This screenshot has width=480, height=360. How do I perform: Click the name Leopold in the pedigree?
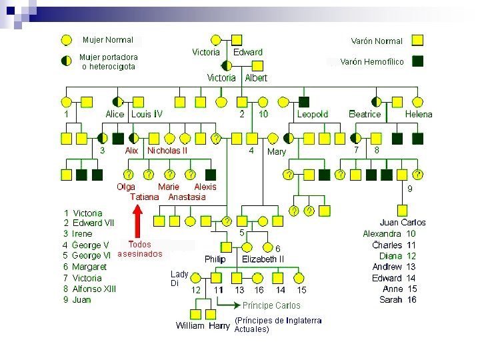pyautogui.click(x=313, y=114)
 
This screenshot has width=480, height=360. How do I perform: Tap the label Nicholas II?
pyautogui.click(x=167, y=151)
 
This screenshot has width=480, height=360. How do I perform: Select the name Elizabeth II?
pyautogui.click(x=263, y=259)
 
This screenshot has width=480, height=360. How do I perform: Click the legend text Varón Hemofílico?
pyautogui.click(x=372, y=61)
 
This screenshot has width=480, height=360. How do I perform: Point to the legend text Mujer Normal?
pyautogui.click(x=108, y=40)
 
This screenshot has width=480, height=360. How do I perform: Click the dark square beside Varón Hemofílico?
pyautogui.click(x=418, y=61)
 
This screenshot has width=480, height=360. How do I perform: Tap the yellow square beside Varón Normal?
pyautogui.click(x=418, y=40)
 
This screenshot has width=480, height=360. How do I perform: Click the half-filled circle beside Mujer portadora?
pyautogui.click(x=66, y=61)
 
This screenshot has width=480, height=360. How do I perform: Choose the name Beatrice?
pyautogui.click(x=365, y=114)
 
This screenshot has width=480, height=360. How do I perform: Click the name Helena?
pyautogui.click(x=419, y=114)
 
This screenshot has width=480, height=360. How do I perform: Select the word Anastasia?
pyautogui.click(x=187, y=197)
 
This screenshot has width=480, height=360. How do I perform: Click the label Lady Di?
pyautogui.click(x=179, y=279)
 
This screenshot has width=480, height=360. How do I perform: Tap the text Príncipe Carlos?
pyautogui.click(x=271, y=305)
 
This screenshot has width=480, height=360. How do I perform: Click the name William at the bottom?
pyautogui.click(x=190, y=326)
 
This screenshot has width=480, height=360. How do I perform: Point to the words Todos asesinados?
pyautogui.click(x=140, y=249)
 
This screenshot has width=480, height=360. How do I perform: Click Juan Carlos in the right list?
pyautogui.click(x=403, y=223)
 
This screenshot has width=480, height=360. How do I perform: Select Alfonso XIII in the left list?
pyautogui.click(x=94, y=289)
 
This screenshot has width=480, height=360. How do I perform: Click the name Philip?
pyautogui.click(x=215, y=259)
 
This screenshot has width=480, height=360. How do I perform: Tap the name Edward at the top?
pyautogui.click(x=248, y=52)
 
